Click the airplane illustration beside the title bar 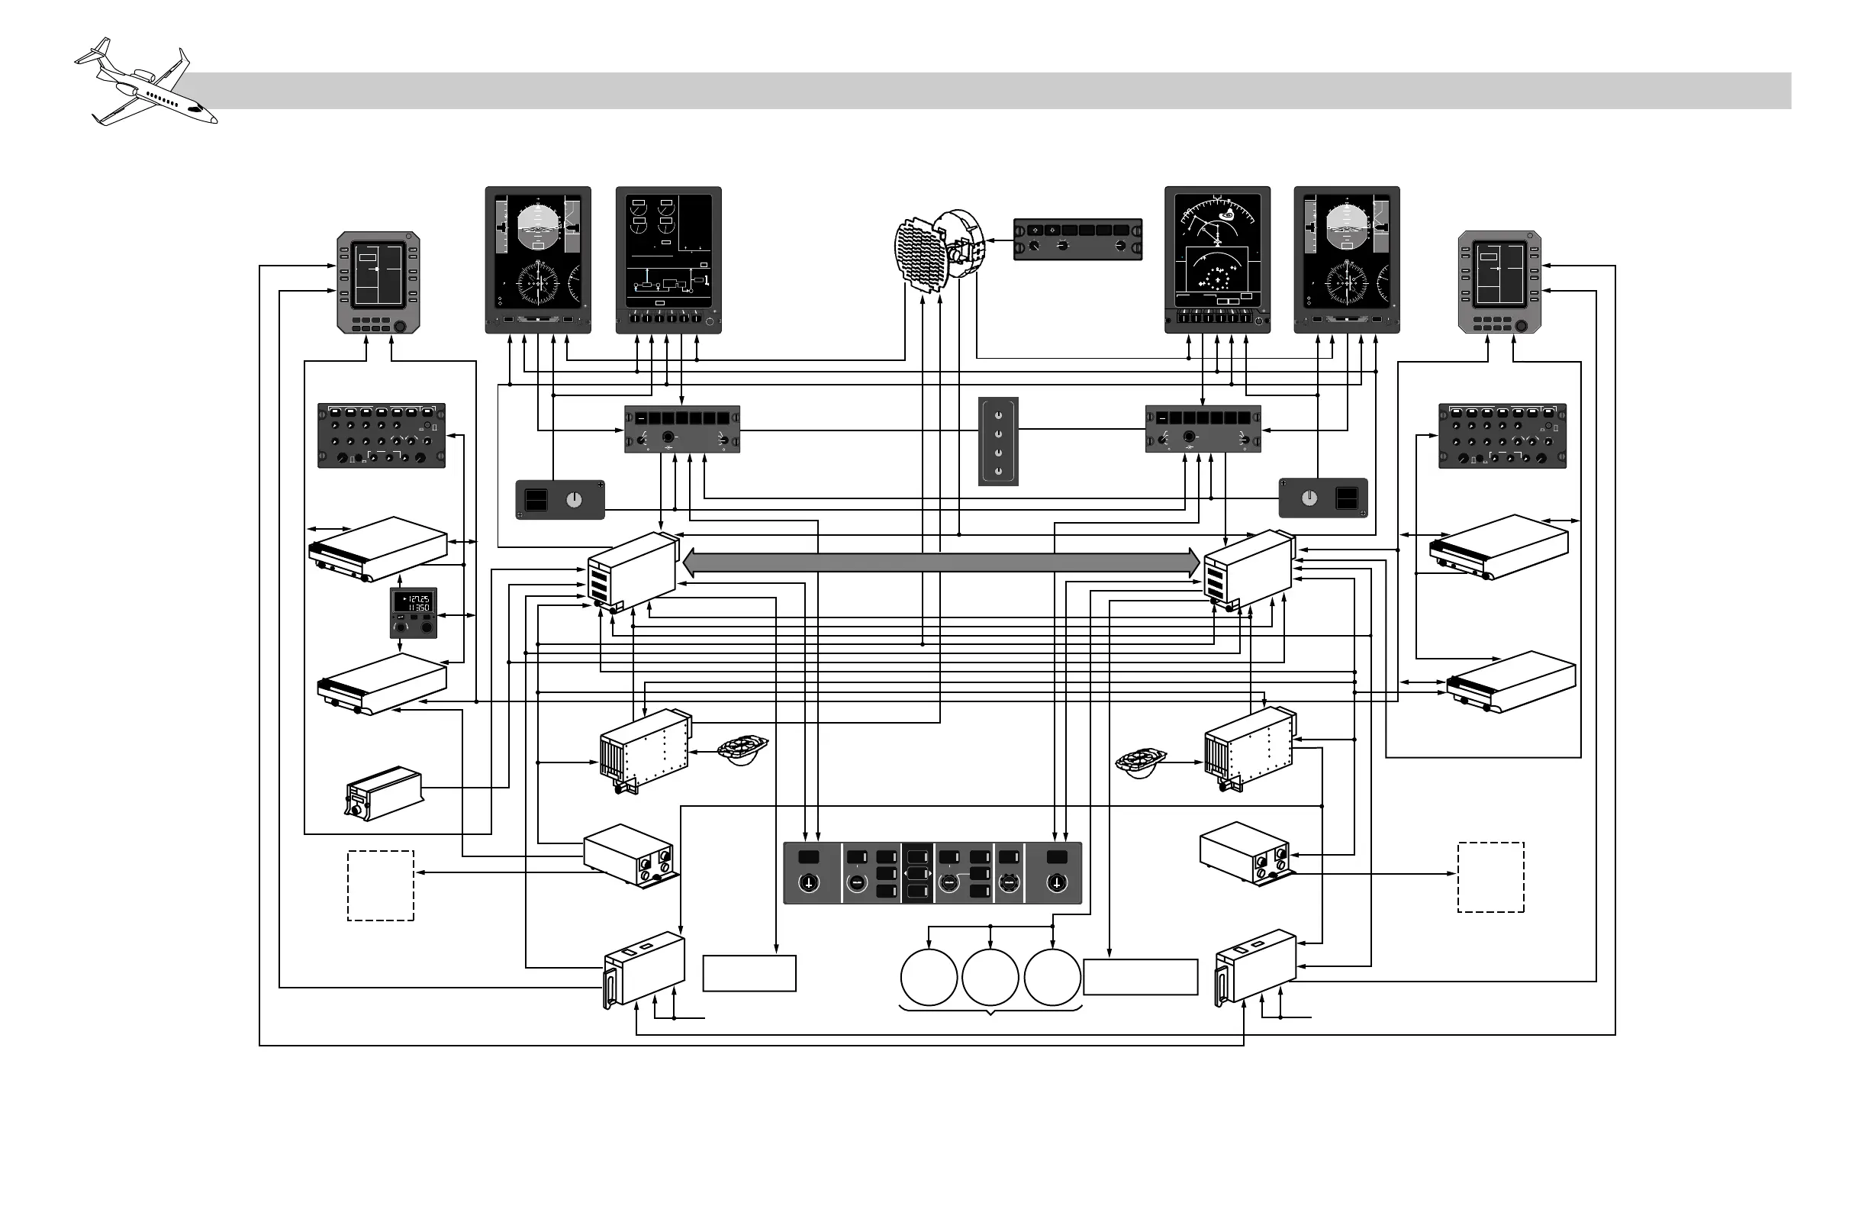145,82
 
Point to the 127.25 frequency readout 416,599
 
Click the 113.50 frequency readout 416,608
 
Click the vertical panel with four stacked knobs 998,441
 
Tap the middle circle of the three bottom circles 990,978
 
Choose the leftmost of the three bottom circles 929,978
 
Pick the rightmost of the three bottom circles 1052,978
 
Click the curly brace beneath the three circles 990,1011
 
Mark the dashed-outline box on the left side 381,885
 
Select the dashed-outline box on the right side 1490,878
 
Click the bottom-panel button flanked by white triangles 917,874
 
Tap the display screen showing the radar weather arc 1216,250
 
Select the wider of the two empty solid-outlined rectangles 1141,978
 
